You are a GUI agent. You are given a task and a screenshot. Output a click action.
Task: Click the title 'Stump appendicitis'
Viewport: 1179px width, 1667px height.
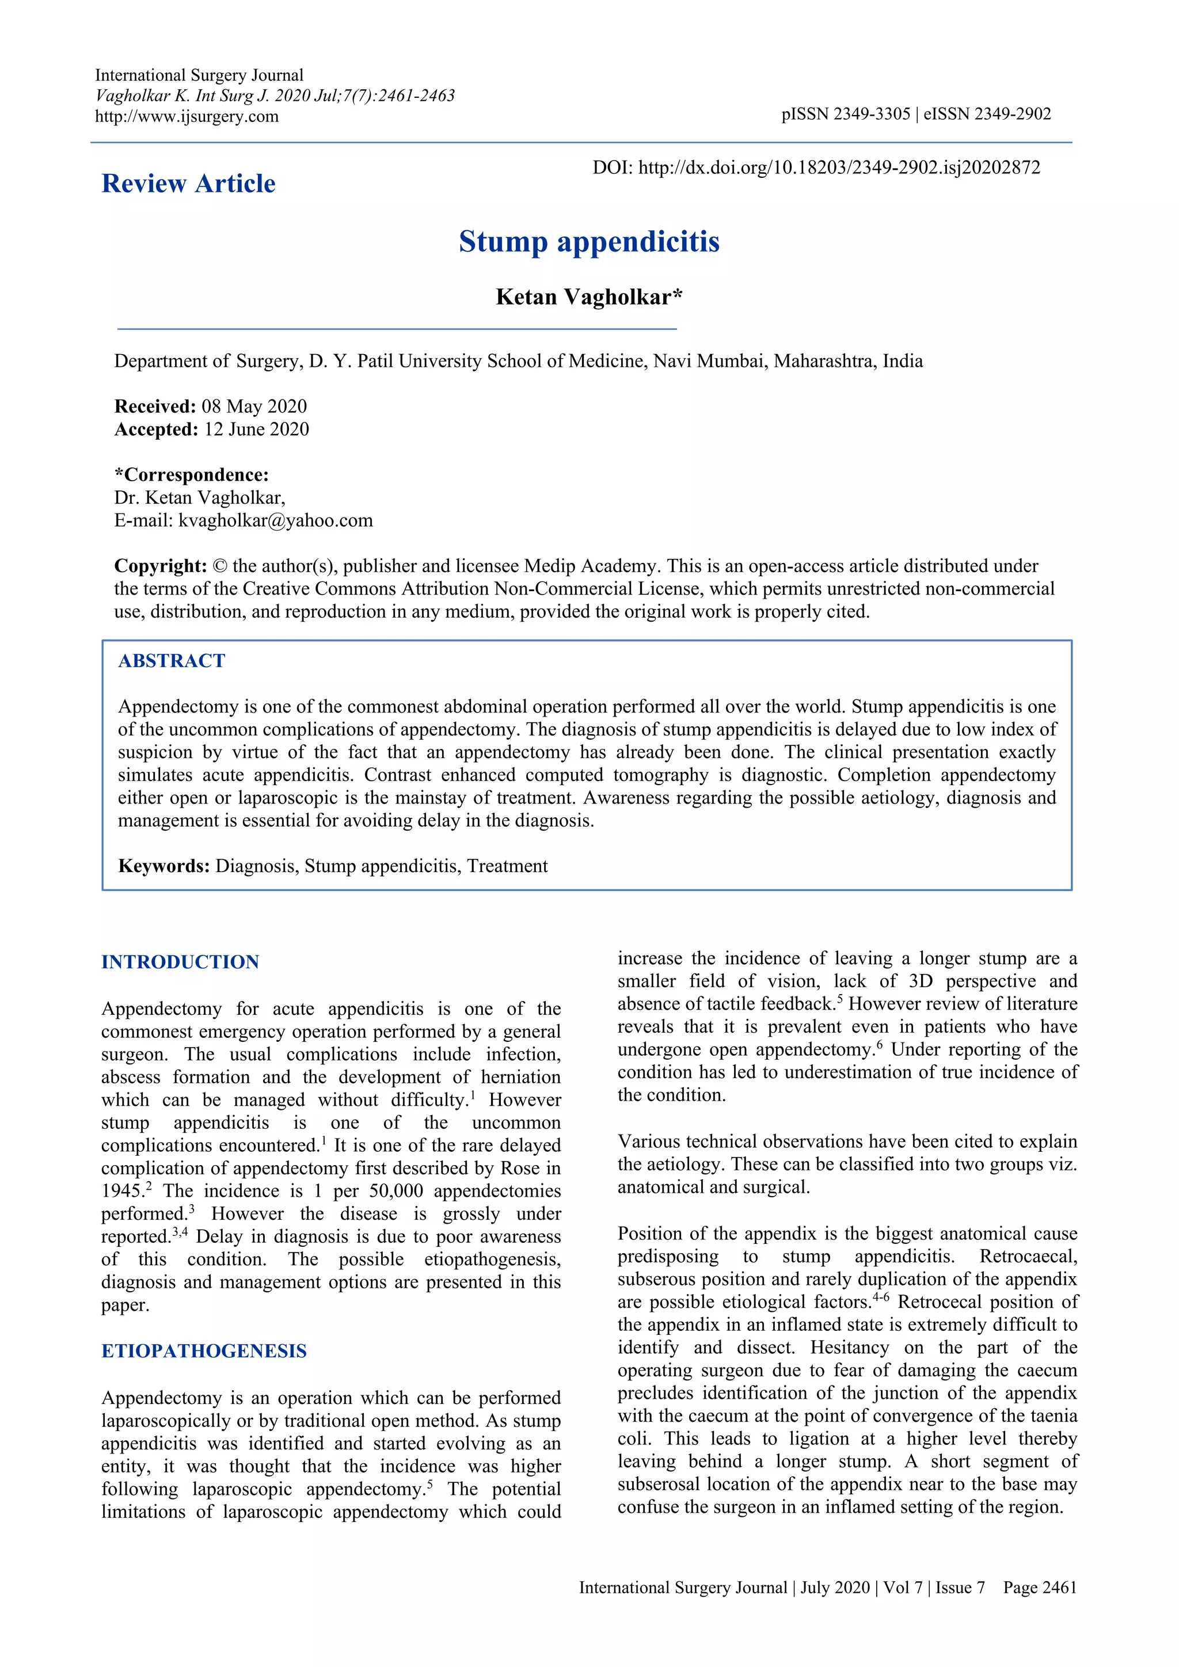[x=589, y=242]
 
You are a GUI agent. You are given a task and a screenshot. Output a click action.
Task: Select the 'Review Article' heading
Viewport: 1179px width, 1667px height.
[x=188, y=184]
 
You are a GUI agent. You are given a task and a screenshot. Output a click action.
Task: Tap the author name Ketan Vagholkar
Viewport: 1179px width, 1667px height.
[x=589, y=297]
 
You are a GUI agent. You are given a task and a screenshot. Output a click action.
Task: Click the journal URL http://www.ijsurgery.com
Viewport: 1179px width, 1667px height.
[x=187, y=117]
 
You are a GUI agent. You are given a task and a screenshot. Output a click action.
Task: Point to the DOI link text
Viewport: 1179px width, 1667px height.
[x=839, y=168]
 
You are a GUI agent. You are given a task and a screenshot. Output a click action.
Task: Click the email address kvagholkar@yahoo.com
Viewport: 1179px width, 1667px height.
[x=276, y=520]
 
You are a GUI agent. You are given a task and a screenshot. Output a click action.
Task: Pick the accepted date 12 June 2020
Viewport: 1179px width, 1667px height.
[x=256, y=429]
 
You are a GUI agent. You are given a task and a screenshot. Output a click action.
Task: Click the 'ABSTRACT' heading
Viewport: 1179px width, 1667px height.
[x=172, y=661]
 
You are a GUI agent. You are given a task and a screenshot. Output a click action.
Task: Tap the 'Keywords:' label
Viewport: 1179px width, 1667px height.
[x=164, y=866]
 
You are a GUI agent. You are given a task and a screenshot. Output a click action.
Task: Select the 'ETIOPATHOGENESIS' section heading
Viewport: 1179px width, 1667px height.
[x=204, y=1351]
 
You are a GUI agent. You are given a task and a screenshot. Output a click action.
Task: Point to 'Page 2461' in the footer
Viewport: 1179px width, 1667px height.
[x=1040, y=1588]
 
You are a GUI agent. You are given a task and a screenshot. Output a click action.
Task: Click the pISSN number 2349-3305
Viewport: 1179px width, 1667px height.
[x=871, y=114]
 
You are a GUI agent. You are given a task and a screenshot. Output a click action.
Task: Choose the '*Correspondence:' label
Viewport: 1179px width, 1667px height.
[x=192, y=475]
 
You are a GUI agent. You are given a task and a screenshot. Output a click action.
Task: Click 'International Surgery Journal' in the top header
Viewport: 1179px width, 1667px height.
[x=199, y=75]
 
